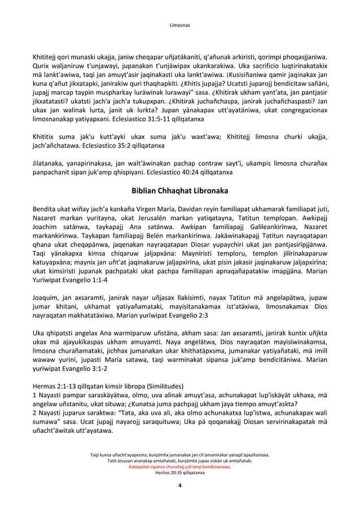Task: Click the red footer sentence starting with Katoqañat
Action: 180,467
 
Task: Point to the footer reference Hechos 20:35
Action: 167,473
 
